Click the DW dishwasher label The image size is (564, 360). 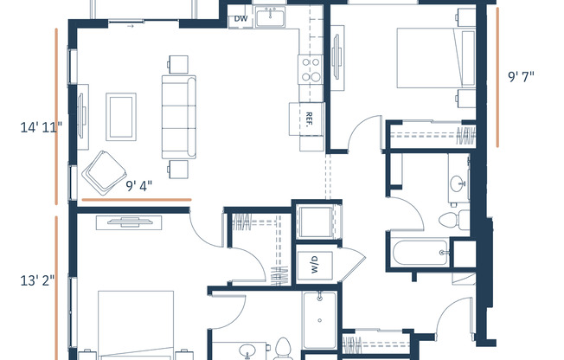(x=241, y=19)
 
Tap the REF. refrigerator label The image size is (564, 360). (x=308, y=119)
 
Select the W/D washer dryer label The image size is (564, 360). (x=314, y=264)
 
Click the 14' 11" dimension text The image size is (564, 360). (x=41, y=127)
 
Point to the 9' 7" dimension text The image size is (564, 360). (x=521, y=77)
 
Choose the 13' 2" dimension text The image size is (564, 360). (x=37, y=280)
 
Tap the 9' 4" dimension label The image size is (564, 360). (x=139, y=186)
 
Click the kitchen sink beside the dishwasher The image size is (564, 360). (x=270, y=17)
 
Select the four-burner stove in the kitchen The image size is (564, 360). (x=311, y=69)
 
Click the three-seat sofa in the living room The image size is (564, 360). (x=179, y=117)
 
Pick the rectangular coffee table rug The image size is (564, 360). (x=121, y=117)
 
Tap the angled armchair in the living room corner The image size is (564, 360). (x=104, y=172)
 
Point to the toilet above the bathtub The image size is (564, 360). (x=454, y=220)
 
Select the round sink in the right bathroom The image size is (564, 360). (x=458, y=183)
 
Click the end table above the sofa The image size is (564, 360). (x=178, y=64)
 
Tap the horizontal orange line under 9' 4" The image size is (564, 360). (x=137, y=199)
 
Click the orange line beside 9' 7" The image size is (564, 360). (x=497, y=77)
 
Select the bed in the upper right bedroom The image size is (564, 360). (x=436, y=58)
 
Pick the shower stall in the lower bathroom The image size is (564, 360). (x=320, y=320)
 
